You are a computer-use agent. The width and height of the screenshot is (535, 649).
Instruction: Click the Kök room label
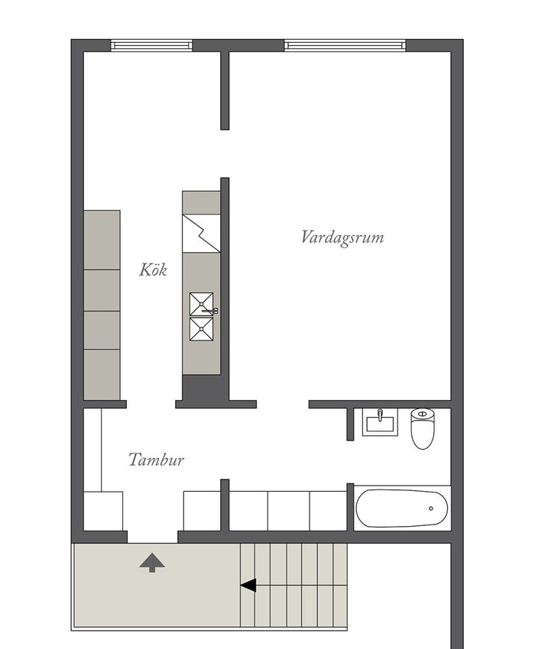coord(153,270)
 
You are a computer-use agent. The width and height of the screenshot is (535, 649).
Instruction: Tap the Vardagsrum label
coord(342,237)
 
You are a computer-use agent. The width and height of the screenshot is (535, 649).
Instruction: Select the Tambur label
coord(156,460)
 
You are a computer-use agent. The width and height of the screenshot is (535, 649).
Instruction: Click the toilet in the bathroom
coord(423,428)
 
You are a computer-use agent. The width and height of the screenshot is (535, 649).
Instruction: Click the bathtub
coord(401,509)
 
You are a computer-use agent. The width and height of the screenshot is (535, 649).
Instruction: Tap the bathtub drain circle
coord(431,509)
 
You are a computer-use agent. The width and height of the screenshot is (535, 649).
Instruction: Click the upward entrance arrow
coord(152,563)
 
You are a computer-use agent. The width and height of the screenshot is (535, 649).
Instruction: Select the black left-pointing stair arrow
coord(248,586)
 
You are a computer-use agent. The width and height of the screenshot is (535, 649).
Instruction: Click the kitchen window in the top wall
coord(151,45)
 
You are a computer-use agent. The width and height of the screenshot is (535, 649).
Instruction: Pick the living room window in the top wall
coord(345,45)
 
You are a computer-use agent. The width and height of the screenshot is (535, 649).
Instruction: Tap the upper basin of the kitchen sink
coord(202,304)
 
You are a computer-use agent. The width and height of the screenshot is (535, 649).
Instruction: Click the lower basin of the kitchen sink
coord(202,329)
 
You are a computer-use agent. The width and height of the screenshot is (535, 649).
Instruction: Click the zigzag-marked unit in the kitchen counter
coord(201,234)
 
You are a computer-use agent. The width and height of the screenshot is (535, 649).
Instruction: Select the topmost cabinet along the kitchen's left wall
coord(102,240)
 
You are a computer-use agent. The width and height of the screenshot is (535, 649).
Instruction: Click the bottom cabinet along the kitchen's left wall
coord(102,375)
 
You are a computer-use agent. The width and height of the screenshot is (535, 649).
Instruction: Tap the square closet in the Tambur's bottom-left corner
coord(103,511)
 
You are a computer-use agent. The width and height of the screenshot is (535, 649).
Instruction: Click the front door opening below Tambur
coord(153,537)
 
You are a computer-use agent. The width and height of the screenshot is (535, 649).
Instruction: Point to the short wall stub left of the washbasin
coord(350,425)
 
